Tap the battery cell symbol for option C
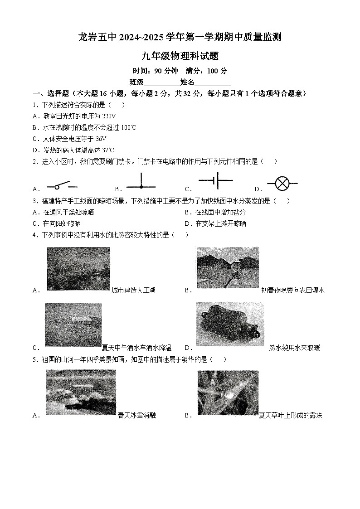pos(215,180)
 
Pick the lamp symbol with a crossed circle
pos(282,184)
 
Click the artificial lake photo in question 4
pos(78,269)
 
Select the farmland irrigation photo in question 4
pos(227,267)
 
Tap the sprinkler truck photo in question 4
pos(73,325)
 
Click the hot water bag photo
pos(230,324)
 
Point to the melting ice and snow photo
pos(80,392)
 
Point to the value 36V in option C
pos(101,139)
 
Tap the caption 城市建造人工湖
pos(133,291)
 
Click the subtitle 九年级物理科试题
pos(180,56)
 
